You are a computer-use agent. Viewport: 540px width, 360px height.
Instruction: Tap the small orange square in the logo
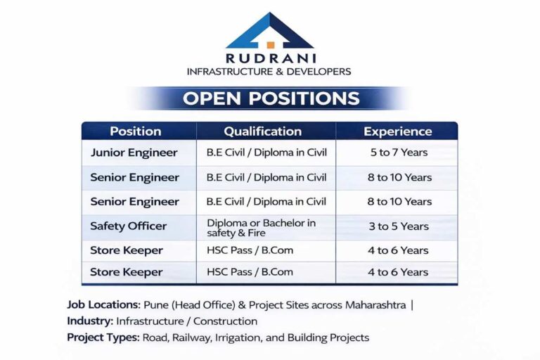[270, 45]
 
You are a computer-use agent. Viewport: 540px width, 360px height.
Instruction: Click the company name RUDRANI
[269, 59]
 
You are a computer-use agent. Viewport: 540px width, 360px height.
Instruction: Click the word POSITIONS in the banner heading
[304, 98]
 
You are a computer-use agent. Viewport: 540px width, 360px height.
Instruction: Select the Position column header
[136, 131]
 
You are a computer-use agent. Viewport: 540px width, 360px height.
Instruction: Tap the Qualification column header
[262, 131]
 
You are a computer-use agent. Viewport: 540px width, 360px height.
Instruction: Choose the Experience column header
[397, 131]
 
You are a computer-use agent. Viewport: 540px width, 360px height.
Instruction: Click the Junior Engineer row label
[134, 153]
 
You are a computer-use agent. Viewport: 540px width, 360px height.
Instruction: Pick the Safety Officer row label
[128, 226]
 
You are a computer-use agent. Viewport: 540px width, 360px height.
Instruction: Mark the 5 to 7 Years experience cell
[397, 153]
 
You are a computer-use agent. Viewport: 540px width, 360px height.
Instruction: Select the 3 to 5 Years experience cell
[397, 226]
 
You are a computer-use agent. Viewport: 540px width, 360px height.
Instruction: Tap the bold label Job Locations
[103, 305]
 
